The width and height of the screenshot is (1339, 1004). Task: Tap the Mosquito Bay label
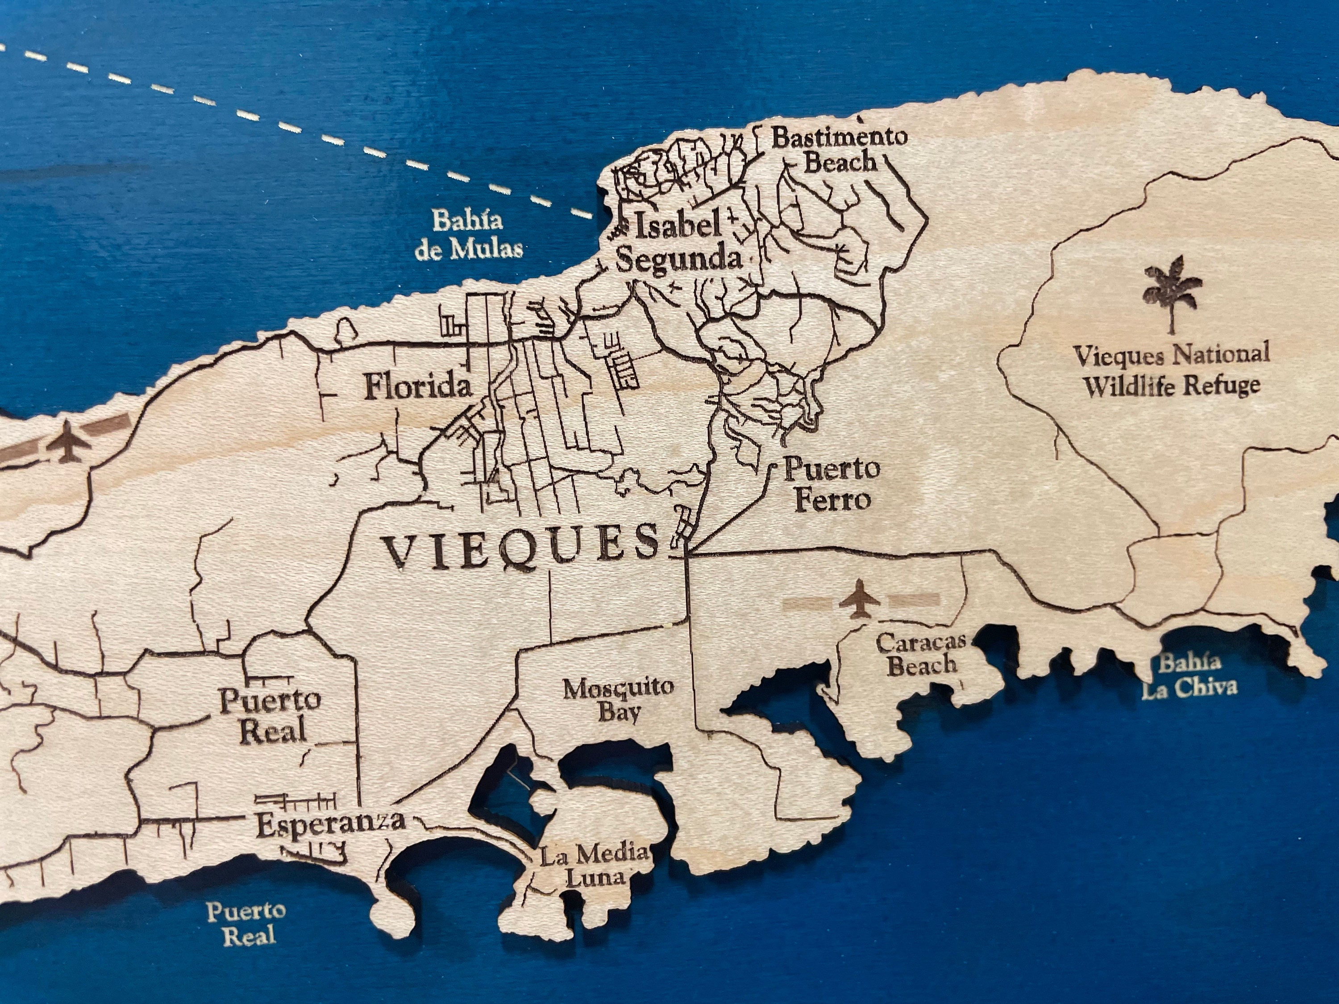(x=619, y=700)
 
